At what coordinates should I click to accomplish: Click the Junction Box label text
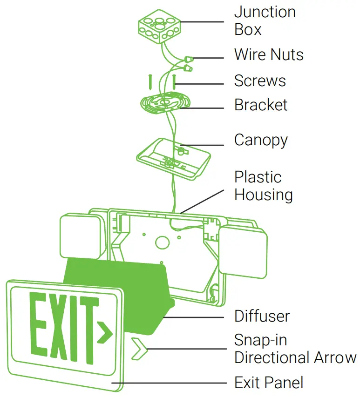coord(265,20)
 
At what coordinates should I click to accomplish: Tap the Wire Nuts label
coord(269,55)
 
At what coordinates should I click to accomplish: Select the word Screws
coord(259,81)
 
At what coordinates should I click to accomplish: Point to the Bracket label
coord(260,105)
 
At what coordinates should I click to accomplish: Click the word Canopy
coord(261,140)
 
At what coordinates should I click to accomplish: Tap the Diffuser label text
coord(262,316)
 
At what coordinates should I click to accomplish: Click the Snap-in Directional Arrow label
coord(295,349)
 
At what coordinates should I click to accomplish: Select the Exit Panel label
coord(269,383)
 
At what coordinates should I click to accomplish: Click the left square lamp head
coord(80,236)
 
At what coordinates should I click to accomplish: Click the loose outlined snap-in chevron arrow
coord(138,349)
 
